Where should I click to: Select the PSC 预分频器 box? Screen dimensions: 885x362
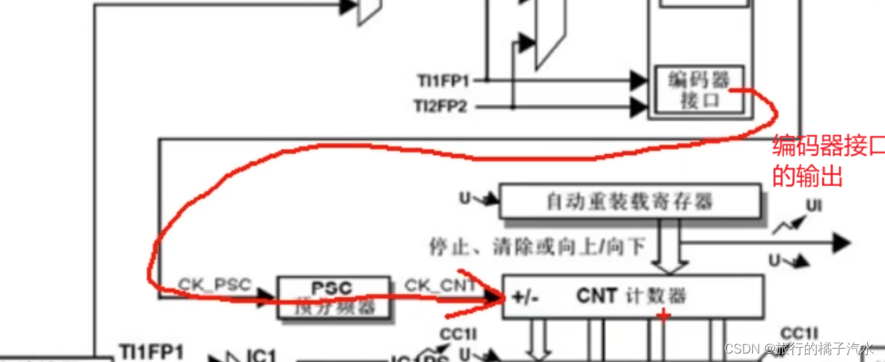333,297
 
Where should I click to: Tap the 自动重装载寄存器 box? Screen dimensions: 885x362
630,202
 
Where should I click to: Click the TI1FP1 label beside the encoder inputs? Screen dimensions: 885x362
442,81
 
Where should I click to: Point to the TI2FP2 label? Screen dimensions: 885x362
442,107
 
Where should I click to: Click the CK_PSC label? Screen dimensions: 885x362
214,285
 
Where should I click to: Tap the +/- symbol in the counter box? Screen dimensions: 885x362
525,297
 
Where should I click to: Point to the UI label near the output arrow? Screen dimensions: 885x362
814,206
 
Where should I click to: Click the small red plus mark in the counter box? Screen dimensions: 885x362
663,315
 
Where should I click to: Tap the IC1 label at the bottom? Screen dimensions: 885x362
261,356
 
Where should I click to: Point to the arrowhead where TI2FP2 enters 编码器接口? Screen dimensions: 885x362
638,107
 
